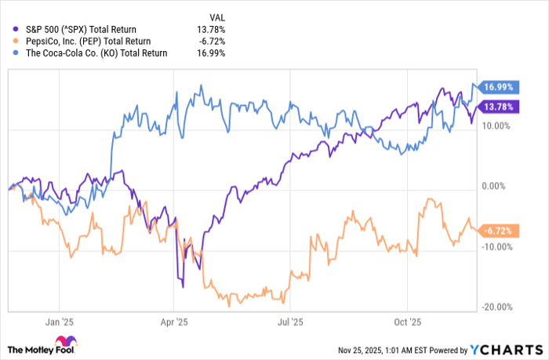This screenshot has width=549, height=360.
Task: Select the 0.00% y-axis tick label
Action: coord(494,187)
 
